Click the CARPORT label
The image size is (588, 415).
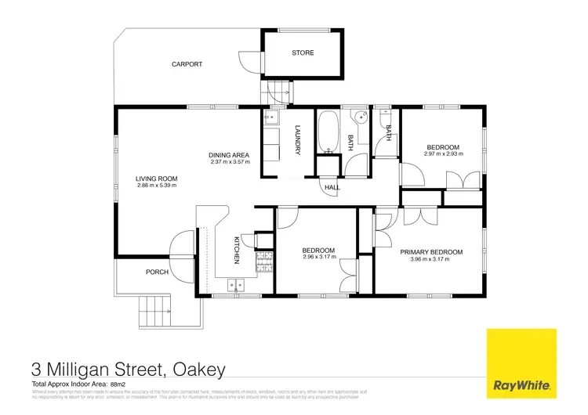pos(187,64)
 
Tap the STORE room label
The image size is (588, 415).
pos(303,53)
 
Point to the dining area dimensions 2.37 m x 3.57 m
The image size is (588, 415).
pos(230,162)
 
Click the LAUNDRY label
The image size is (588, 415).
pos(298,140)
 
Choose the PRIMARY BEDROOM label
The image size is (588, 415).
pos(431,252)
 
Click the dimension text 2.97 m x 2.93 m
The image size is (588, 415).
pos(443,154)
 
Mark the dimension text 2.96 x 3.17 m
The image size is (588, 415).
pos(319,257)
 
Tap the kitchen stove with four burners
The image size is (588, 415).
pos(264,261)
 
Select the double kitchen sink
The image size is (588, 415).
pos(235,283)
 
